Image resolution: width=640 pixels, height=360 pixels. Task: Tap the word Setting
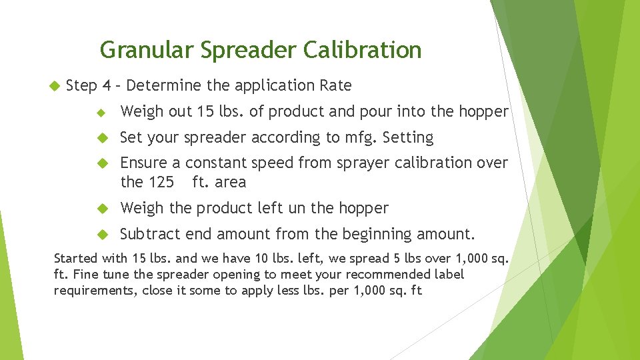pyautogui.click(x=408, y=137)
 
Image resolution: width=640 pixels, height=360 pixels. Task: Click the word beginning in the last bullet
pyautogui.click(x=377, y=235)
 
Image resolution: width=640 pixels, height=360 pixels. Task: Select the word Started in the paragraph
pyautogui.click(x=75, y=258)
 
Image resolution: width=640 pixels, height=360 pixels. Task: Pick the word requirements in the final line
pyautogui.click(x=95, y=290)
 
